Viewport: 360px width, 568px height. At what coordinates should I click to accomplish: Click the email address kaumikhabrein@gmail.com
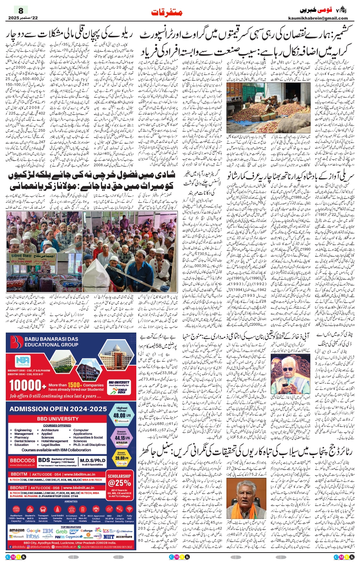click(318, 18)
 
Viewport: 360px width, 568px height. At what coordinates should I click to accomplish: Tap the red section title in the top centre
click(166, 12)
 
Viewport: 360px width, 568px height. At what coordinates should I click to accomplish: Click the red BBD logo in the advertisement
click(17, 341)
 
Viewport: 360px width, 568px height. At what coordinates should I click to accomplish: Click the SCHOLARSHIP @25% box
click(119, 480)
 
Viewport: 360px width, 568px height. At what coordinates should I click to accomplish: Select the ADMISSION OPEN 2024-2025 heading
click(58, 409)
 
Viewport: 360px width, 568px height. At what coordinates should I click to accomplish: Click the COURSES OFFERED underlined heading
click(57, 425)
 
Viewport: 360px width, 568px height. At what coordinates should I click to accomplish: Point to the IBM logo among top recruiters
click(48, 531)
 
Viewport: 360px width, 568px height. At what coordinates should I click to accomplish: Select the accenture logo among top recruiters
click(124, 536)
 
